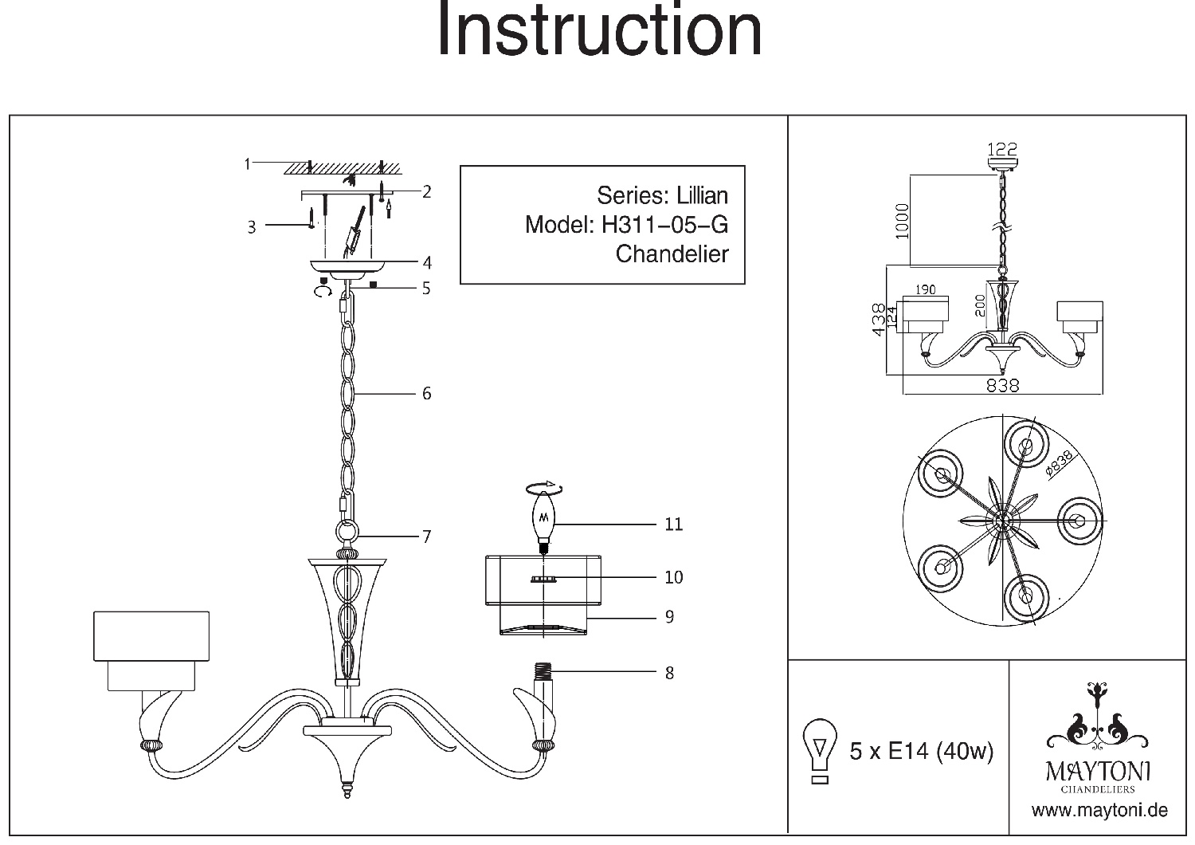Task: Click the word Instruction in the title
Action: (x=599, y=30)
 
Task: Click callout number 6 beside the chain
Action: (x=427, y=393)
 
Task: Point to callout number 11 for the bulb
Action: (x=674, y=525)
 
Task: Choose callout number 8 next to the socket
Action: (x=669, y=673)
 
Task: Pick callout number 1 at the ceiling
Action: (x=248, y=164)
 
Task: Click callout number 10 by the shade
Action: (x=674, y=577)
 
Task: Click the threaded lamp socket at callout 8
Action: (x=544, y=676)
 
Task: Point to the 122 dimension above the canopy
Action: (x=1002, y=149)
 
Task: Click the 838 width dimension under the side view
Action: (x=1003, y=385)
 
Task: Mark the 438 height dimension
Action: (x=878, y=320)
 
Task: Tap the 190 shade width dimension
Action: (x=925, y=290)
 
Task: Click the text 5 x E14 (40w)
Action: (x=922, y=751)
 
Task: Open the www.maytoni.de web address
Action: (x=1099, y=811)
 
